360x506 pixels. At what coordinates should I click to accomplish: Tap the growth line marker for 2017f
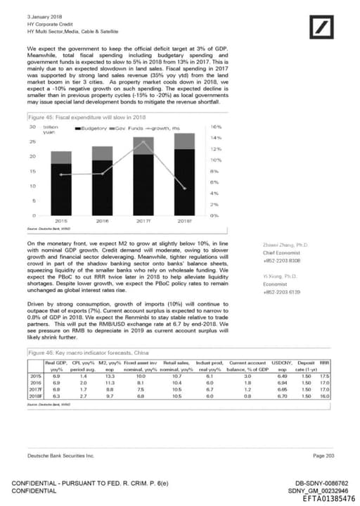point(144,141)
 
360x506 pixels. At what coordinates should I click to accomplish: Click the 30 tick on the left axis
point(32,127)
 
